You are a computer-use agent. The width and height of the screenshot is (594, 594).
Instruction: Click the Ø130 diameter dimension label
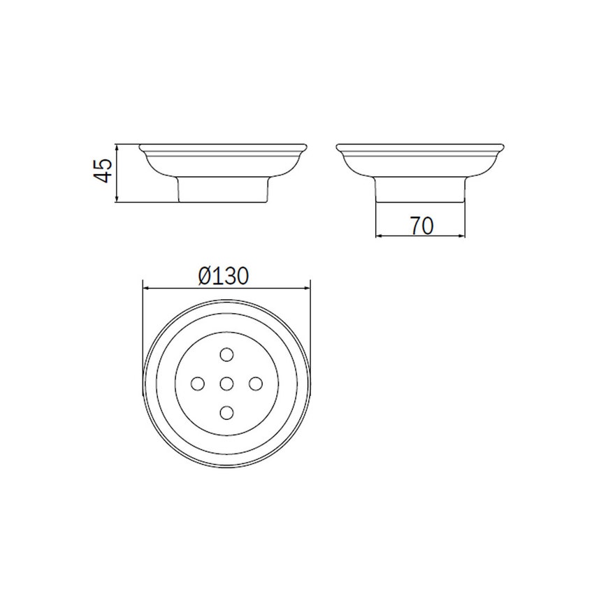(224, 277)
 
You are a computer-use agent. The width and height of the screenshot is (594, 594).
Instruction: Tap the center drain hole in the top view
(226, 383)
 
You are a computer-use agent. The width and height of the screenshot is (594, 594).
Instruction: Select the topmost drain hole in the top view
(226, 354)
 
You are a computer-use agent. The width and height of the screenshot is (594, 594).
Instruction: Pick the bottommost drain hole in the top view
(226, 412)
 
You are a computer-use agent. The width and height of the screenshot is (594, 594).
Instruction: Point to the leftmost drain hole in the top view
(197, 383)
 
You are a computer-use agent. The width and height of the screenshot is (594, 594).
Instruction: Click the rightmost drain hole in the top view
(255, 383)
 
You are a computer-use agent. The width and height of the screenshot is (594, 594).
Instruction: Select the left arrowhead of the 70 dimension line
(379, 236)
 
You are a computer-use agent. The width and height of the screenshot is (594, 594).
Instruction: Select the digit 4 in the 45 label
(103, 177)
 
